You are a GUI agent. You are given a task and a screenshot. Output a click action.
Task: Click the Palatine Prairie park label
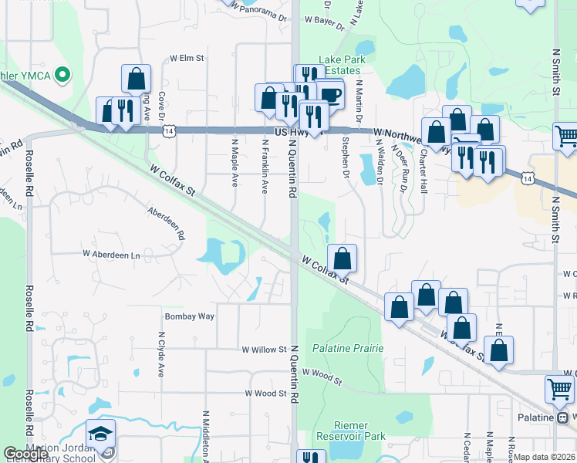tap(348, 349)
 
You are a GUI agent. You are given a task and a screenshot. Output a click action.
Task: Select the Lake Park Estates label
tap(340, 65)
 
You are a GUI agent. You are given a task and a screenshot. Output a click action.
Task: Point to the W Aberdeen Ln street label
tap(113, 254)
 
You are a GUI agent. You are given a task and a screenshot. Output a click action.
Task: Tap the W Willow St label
tap(264, 350)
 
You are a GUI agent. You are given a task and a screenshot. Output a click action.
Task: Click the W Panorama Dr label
tap(262, 16)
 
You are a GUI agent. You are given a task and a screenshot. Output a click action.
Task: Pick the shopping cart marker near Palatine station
tap(558, 388)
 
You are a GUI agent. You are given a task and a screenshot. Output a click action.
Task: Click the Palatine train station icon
tap(563, 417)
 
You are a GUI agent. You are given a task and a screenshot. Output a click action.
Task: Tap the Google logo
tap(26, 454)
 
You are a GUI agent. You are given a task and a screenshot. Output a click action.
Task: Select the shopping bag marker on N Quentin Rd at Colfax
tap(342, 257)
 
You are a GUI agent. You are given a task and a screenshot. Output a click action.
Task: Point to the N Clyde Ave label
tap(161, 355)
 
